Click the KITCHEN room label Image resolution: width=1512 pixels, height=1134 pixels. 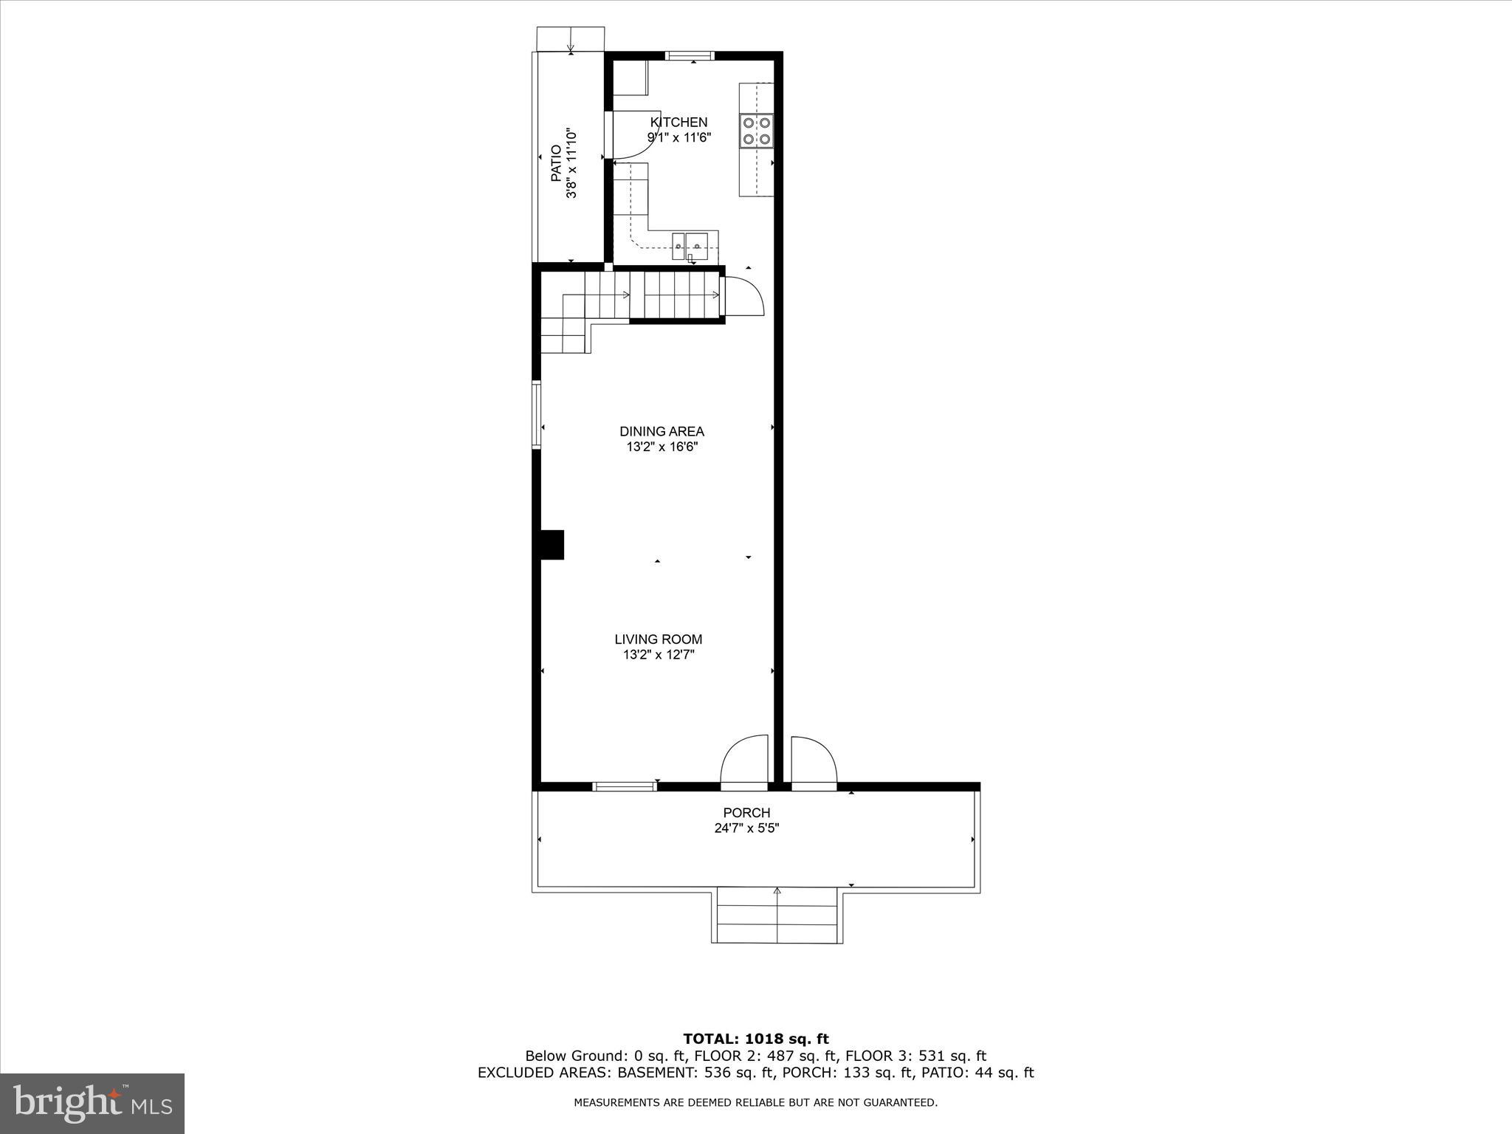tap(678, 123)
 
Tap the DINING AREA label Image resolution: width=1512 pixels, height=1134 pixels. tap(661, 431)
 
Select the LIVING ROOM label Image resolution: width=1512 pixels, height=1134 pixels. tap(658, 639)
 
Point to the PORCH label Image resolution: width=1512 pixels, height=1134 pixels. tap(746, 813)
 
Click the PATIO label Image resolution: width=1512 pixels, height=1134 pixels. tap(556, 164)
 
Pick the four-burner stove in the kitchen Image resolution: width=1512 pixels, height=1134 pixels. tap(757, 131)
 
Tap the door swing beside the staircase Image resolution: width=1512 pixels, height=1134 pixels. tap(743, 297)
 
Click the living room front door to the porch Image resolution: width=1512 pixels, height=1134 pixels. tap(744, 760)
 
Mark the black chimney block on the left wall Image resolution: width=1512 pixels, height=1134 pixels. tap(552, 545)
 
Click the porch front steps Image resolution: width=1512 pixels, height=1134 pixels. tap(777, 915)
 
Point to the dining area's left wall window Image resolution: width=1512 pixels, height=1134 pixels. tap(537, 413)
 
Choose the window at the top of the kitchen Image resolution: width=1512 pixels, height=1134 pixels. tap(690, 55)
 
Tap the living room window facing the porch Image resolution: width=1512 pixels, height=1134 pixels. tap(625, 787)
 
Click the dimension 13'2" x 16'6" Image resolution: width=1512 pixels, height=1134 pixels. tap(658, 447)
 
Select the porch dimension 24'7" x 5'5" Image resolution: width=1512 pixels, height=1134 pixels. tap(746, 828)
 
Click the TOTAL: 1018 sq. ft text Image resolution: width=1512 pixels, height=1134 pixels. tap(755, 1039)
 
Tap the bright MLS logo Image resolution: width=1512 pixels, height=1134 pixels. tap(92, 1103)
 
